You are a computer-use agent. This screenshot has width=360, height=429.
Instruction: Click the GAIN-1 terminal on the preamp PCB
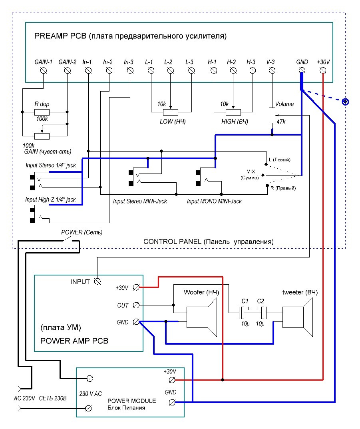pos(43,71)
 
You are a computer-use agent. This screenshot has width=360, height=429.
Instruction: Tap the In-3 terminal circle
pos(130,71)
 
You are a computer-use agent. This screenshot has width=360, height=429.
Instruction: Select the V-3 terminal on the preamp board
pos(272,71)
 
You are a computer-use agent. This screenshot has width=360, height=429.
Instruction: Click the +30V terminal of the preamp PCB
pos(323,71)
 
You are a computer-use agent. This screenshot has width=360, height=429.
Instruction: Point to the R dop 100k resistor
pos(42,112)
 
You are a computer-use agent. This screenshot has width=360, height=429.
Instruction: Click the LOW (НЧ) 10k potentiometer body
pos(170,112)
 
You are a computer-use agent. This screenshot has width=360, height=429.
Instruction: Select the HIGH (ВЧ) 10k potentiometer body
pos(233,112)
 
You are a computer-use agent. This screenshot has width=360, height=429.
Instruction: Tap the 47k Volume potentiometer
pos(272,116)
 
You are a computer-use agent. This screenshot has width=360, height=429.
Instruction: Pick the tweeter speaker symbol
pos(297,317)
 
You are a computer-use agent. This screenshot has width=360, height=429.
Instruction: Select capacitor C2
pos(263,313)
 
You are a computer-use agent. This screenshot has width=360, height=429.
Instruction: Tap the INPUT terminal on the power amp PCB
pos(97,281)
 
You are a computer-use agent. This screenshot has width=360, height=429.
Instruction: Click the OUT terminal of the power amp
pos(136,305)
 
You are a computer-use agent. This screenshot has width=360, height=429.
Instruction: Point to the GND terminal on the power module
pos(172,403)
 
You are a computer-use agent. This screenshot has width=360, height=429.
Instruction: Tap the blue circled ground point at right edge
pos(346,102)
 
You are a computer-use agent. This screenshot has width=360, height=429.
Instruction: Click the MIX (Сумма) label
pos(250,175)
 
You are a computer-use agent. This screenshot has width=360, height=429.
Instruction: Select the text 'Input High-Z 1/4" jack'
pos(51,200)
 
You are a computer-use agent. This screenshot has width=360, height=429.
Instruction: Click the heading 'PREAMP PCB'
pos(60,36)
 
